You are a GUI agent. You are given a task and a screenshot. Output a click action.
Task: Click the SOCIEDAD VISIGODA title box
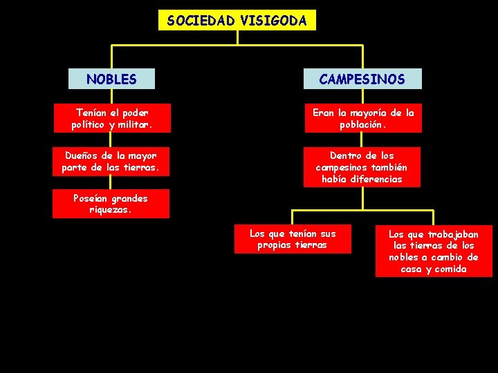click(237, 20)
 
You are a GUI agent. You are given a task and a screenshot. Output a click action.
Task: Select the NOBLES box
click(111, 79)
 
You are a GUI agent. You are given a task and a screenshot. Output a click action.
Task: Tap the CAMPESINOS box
click(362, 79)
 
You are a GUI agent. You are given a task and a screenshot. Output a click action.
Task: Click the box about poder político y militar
click(111, 118)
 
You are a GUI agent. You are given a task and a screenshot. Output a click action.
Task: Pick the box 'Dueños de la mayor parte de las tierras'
click(111, 162)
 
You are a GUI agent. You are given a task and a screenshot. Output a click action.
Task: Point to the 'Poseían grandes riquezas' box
click(111, 204)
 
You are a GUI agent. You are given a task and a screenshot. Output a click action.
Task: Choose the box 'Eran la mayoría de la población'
click(362, 118)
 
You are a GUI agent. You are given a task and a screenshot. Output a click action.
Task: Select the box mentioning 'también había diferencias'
click(362, 168)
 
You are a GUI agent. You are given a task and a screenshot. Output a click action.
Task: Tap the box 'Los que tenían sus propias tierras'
click(293, 239)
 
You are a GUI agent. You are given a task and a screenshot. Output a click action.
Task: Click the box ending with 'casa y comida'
click(434, 251)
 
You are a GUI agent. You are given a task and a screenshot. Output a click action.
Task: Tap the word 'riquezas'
click(110, 210)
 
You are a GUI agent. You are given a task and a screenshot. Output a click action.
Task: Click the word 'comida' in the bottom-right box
click(450, 269)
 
